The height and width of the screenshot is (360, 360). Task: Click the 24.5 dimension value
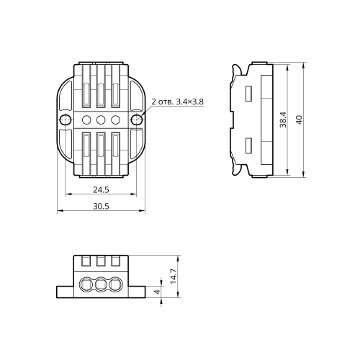click(x=101, y=190)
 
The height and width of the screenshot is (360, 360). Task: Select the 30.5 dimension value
click(x=101, y=206)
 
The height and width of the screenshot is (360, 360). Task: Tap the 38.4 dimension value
click(x=283, y=120)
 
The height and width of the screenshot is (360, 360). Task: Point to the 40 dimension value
click(x=300, y=120)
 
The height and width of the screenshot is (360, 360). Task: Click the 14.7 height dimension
click(x=174, y=276)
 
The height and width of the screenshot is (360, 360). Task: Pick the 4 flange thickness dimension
click(x=157, y=292)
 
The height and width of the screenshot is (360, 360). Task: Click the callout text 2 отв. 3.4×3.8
click(x=178, y=102)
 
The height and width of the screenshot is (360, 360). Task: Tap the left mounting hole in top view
click(x=66, y=120)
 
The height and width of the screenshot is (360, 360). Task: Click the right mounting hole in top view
click(x=137, y=120)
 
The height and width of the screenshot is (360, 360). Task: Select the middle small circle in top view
click(x=101, y=120)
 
